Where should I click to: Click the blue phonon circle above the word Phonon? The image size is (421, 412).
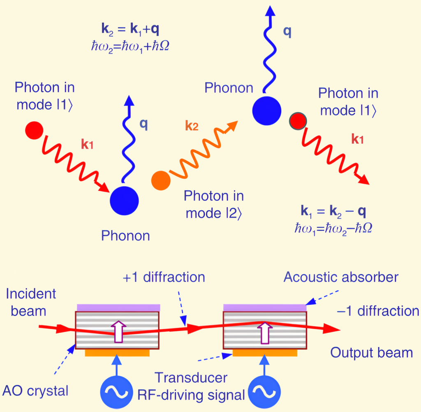coord(124,201)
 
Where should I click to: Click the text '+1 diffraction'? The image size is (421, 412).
coord(164,277)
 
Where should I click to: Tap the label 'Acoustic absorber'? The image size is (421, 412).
coord(341,277)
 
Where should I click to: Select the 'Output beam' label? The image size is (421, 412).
coord(372,353)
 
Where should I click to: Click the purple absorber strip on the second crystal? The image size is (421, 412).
coord(264,307)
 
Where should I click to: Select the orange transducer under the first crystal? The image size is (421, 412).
coord(117,353)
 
